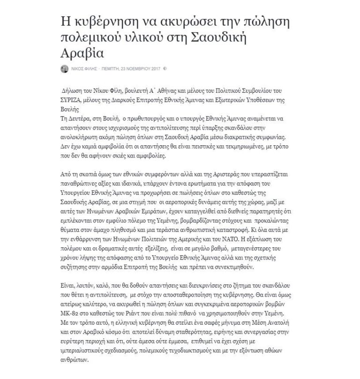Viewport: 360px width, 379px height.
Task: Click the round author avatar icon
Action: coord(65,69)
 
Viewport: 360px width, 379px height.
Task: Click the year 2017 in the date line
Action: coord(152,69)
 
